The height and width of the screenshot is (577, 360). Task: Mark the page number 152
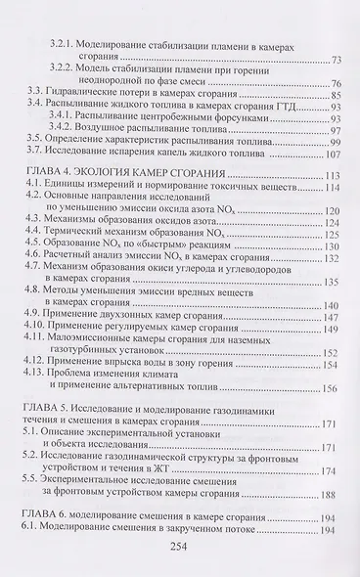point(334,352)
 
